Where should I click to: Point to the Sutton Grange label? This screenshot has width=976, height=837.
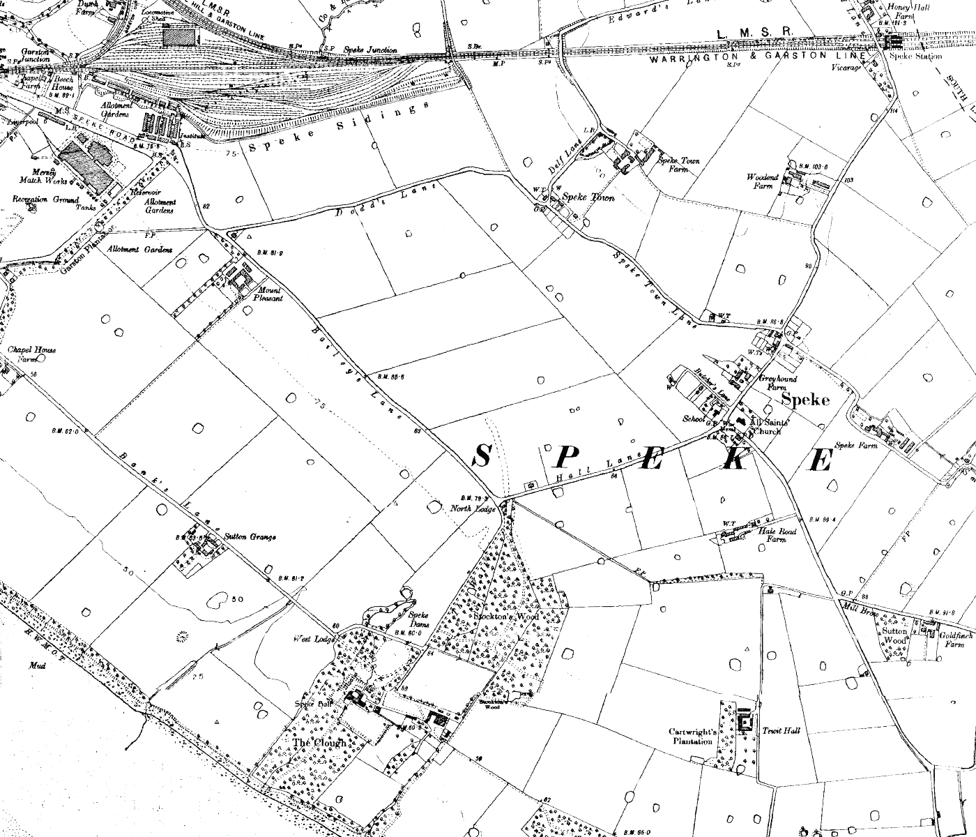tap(250, 537)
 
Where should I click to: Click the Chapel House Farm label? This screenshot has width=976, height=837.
tap(32, 355)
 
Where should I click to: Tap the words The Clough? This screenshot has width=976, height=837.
tap(319, 743)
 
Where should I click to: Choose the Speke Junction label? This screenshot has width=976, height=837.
tap(370, 50)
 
